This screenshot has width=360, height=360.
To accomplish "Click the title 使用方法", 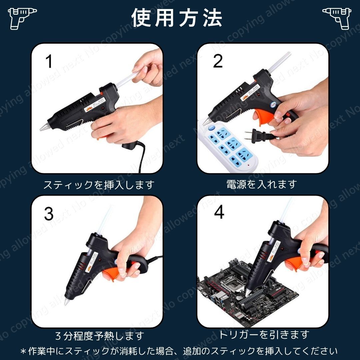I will pyautogui.click(x=177, y=17).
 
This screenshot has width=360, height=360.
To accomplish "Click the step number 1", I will pyautogui.click(x=49, y=62).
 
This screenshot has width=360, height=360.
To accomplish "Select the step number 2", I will pyautogui.click(x=218, y=61).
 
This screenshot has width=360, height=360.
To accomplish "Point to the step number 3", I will pyautogui.click(x=49, y=214).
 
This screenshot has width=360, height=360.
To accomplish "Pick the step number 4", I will pyautogui.click(x=219, y=213).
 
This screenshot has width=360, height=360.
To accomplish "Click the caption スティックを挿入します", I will pyautogui.click(x=99, y=184).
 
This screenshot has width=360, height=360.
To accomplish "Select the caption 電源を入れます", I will pyautogui.click(x=261, y=184).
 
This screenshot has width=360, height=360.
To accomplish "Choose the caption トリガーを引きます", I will pyautogui.click(x=264, y=334).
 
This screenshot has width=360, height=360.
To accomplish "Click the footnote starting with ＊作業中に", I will pyautogui.click(x=179, y=351).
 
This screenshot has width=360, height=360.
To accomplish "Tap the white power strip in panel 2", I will pyautogui.click(x=230, y=147).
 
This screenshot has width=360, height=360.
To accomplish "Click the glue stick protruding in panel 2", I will pyautogui.click(x=275, y=61).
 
